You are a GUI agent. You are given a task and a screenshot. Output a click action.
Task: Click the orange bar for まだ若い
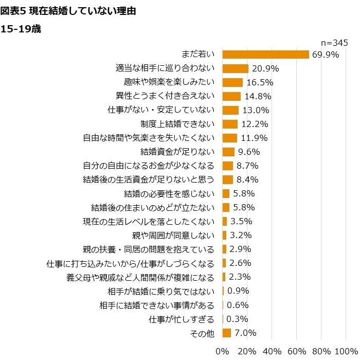click(265, 54)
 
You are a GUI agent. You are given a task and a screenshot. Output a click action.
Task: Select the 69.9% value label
click(325, 55)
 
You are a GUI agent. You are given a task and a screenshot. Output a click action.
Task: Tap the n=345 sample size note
click(334, 42)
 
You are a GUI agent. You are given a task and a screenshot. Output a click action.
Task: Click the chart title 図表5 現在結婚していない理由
click(69, 10)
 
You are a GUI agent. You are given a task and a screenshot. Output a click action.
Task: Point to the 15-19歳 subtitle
click(22, 29)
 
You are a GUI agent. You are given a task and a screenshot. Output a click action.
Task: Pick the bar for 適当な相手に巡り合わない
click(236, 68)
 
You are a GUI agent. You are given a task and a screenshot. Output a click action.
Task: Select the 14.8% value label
click(257, 96)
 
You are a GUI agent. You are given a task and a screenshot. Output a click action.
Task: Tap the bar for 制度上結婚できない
click(230, 124)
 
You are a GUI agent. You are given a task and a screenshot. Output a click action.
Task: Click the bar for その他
click(227, 333)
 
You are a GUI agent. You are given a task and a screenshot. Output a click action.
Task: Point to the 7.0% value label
click(246, 333)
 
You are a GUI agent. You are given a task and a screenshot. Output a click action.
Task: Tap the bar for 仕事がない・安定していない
click(231, 110)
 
